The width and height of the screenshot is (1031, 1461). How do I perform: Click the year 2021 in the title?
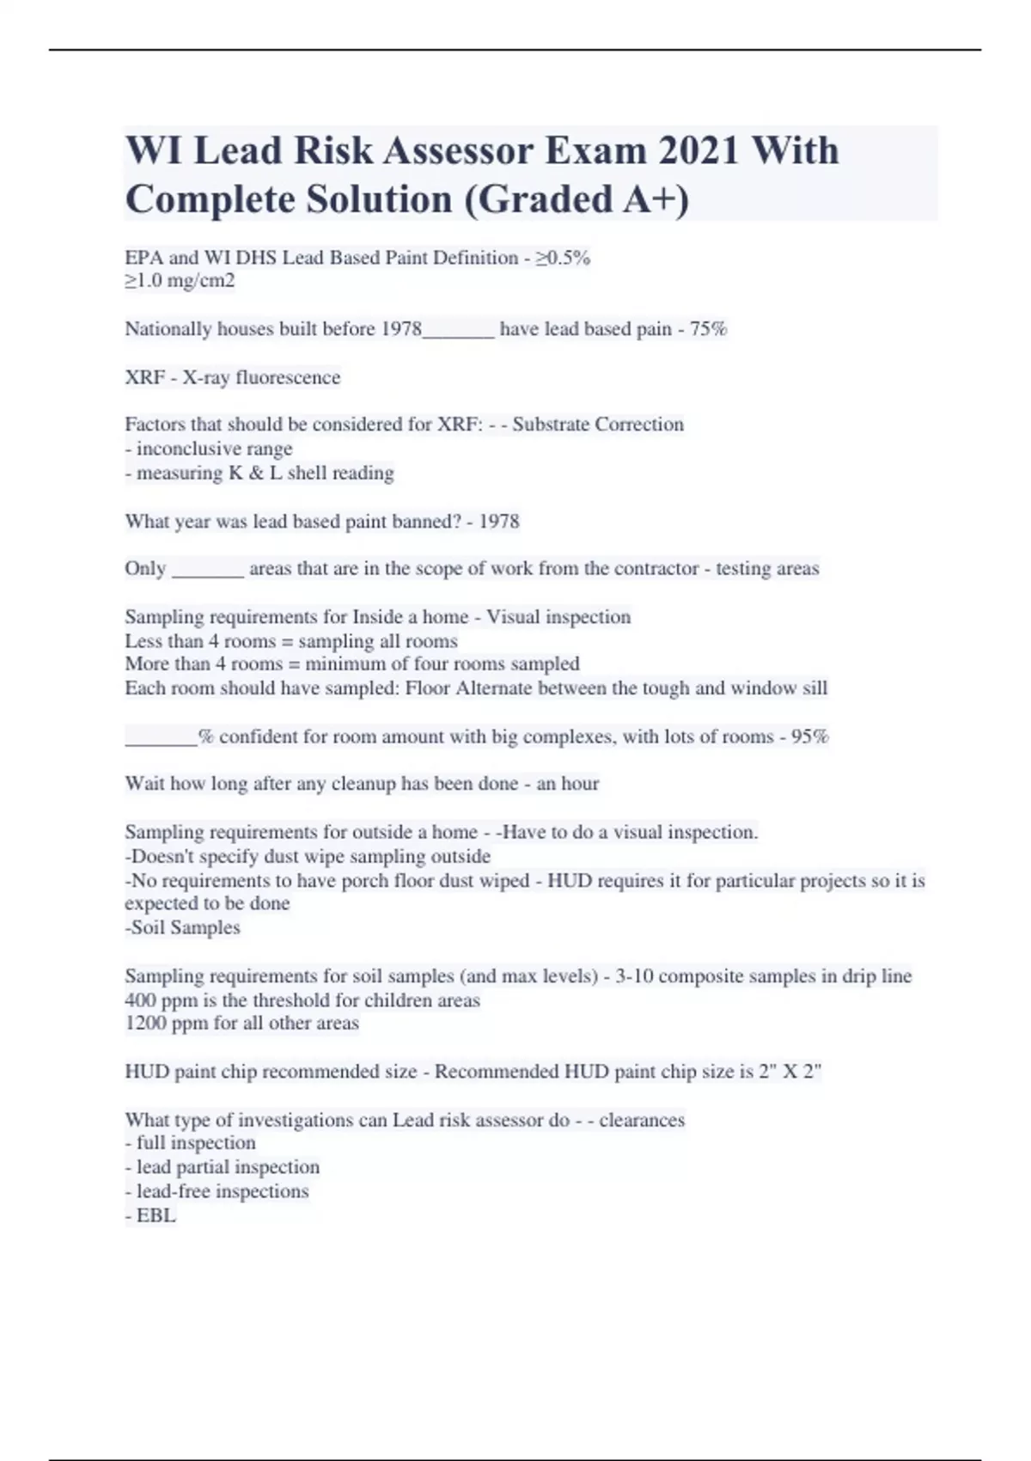click(x=698, y=151)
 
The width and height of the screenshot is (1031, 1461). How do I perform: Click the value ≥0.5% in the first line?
click(x=563, y=258)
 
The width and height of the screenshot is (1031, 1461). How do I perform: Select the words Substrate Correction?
click(x=598, y=425)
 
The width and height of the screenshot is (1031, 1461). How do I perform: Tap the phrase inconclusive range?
click(x=214, y=449)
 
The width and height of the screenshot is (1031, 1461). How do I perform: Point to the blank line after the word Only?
click(x=208, y=569)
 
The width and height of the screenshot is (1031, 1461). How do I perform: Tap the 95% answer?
click(x=809, y=737)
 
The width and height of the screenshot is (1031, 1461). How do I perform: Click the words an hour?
click(x=567, y=784)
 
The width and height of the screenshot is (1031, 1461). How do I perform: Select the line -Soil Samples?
click(x=182, y=928)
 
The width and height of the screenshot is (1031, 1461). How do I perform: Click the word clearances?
click(x=642, y=1121)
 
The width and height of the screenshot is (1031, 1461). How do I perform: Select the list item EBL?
click(x=156, y=1216)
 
